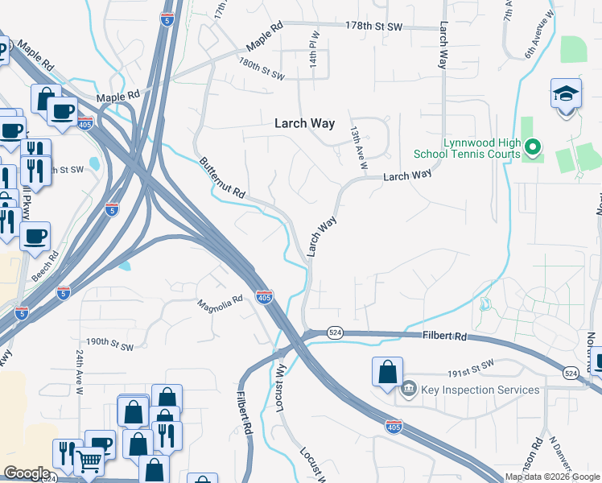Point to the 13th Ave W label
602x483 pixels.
358,146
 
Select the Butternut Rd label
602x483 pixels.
223,179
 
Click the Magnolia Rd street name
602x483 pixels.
221,303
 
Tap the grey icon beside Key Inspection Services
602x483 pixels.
409,390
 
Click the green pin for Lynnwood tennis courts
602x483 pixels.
532,147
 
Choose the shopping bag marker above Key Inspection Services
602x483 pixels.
387,372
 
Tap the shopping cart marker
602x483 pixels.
89,462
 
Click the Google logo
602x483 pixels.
27,473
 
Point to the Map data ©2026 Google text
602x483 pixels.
552,477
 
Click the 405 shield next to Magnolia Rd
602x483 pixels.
264,296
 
